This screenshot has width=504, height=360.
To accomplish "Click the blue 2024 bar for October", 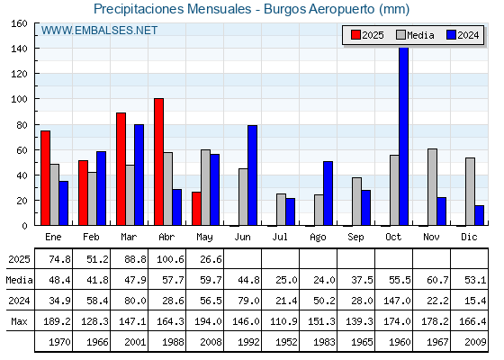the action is click(404, 136).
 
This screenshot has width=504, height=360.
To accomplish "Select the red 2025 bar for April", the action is click(158, 162).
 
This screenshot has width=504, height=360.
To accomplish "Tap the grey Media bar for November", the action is click(432, 187).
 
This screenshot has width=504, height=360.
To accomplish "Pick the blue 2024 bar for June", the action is click(252, 175).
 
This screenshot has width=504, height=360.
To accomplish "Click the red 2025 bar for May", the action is click(196, 209).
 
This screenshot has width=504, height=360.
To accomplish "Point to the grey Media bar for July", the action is click(281, 209).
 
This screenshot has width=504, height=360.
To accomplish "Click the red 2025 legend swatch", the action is click(355, 35).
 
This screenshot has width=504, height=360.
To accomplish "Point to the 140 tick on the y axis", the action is click(19, 49).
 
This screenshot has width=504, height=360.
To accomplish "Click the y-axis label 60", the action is click(22, 150).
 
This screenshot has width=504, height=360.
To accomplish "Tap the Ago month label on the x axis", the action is click(318, 238).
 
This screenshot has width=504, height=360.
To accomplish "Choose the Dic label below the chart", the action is click(469, 237).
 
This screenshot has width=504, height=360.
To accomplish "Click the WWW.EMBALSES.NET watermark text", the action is click(99, 31).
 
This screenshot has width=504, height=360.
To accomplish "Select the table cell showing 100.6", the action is click(170, 259).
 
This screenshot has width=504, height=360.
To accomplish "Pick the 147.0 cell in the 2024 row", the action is click(397, 301).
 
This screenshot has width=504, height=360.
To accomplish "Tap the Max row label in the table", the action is click(19, 321).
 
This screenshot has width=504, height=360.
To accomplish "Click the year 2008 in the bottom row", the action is click(211, 342).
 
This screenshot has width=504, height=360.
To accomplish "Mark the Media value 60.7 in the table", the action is click(437, 280).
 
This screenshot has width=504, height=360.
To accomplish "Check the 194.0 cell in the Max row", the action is click(208, 321).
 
